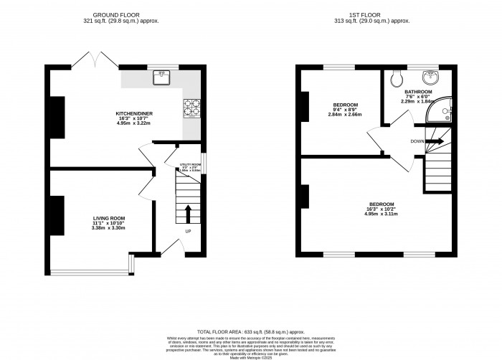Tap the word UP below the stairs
click(x=188, y=232)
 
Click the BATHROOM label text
click(x=418, y=93)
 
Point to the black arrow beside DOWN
click(x=435, y=141)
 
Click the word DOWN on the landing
click(x=418, y=141)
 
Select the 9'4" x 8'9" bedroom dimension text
click(x=344, y=115)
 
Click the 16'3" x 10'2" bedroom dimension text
click(x=381, y=213)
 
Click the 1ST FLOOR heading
click(x=376, y=15)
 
